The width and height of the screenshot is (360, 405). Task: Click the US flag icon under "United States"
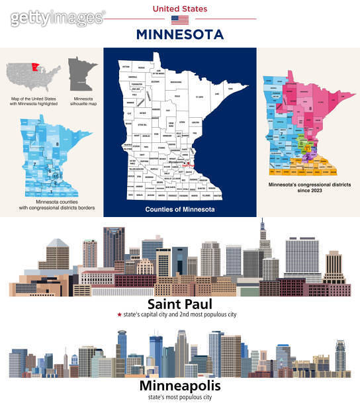coord(179,20)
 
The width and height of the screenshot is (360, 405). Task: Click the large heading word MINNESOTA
coord(179,34)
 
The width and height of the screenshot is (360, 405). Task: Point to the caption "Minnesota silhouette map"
coord(82,102)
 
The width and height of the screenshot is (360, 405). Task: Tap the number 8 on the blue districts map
coord(58,144)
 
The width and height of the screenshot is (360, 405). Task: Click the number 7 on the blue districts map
coord(32,163)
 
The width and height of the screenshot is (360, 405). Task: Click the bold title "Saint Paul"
coord(179,304)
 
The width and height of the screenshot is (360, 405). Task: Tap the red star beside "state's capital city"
coord(118,315)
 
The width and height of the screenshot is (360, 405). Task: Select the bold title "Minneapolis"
coord(180,385)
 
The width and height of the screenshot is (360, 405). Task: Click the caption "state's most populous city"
coord(180,397)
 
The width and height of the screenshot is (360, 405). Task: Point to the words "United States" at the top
coord(179,9)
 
